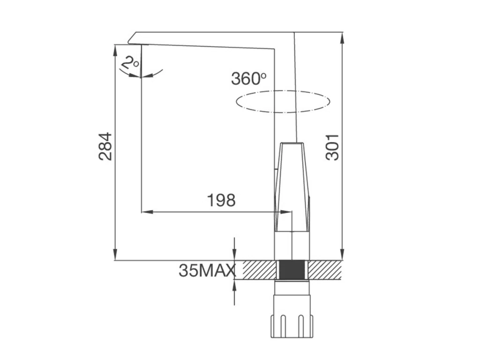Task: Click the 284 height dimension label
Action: (x=105, y=147)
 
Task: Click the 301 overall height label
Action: (x=332, y=147)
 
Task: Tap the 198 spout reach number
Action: (x=221, y=200)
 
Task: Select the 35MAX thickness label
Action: (x=208, y=270)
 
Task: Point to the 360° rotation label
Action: (x=248, y=78)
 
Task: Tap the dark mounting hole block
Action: (x=292, y=270)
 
